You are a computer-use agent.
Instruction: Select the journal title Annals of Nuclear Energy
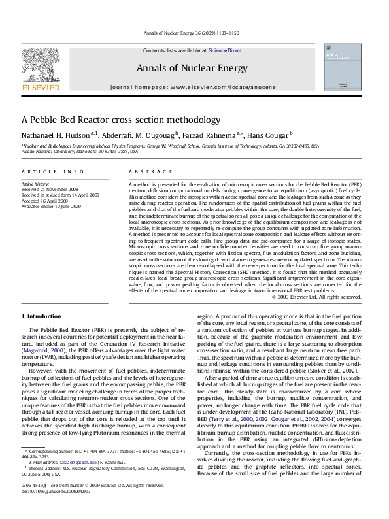point(194,68)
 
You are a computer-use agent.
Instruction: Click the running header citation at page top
point(194,32)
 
